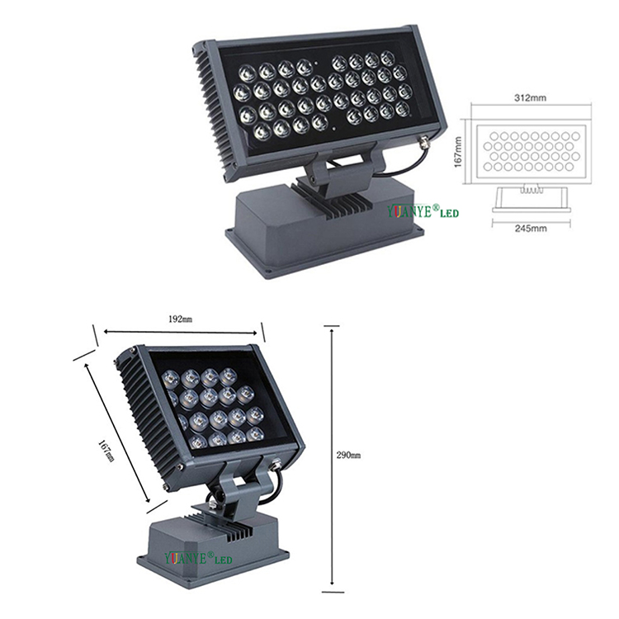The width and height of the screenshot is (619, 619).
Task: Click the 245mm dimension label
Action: point(531,229)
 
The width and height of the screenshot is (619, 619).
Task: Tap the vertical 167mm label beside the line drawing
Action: point(460,150)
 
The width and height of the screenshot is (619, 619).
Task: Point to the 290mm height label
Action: point(350,456)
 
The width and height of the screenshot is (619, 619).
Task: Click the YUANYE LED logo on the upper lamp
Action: point(423,212)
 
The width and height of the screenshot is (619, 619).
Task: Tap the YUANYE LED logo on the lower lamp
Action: point(199,560)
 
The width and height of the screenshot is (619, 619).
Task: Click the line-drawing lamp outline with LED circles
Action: point(530,149)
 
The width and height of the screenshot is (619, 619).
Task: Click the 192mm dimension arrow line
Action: point(180,332)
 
